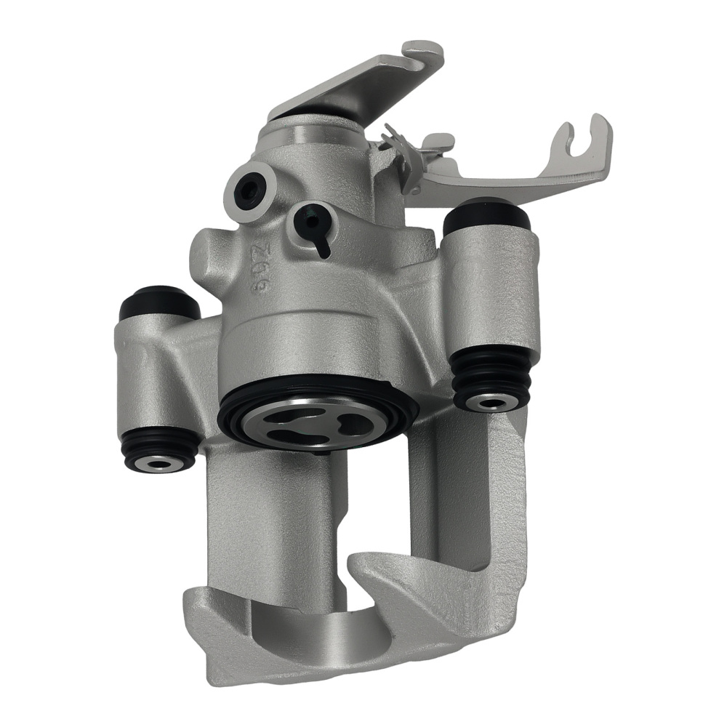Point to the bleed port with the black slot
point(314,222)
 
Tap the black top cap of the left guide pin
point(158,303)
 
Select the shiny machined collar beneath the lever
point(313,134)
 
